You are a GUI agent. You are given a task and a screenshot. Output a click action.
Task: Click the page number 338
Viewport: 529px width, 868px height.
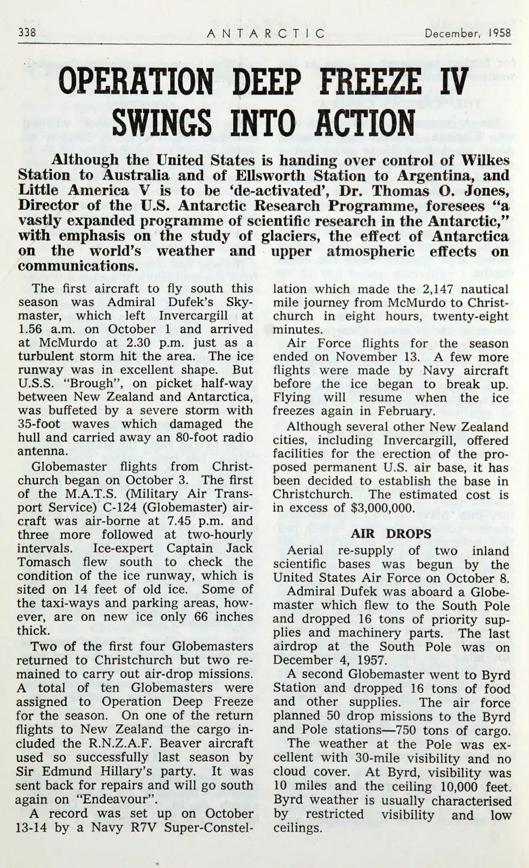pos(27,32)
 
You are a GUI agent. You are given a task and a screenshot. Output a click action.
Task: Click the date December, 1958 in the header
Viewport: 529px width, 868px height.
pos(468,33)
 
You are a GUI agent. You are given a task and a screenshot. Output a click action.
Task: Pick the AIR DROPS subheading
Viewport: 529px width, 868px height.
pos(391,534)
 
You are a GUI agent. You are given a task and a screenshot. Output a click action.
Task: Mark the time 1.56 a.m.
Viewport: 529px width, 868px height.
pos(44,329)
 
